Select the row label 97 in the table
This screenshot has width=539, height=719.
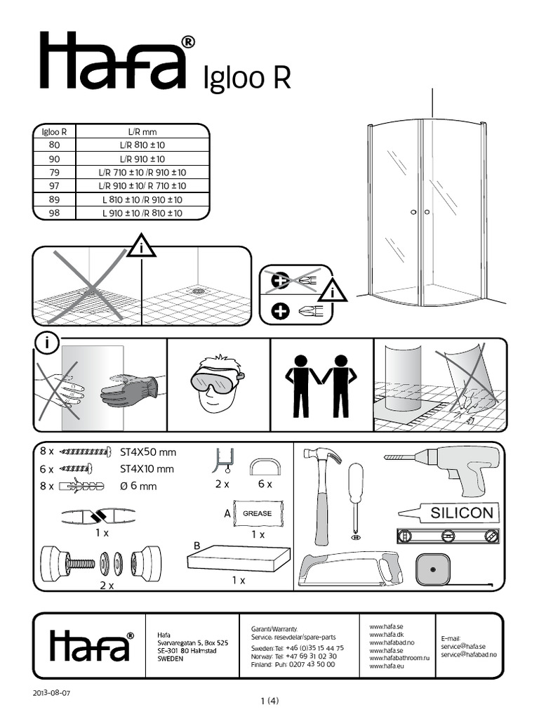(x=55, y=186)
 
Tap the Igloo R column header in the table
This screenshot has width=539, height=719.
(x=55, y=131)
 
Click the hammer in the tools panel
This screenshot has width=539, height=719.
(x=323, y=492)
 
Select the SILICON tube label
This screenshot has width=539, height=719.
(x=461, y=513)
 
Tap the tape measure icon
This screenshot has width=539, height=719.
(x=434, y=569)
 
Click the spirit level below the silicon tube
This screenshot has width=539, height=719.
(x=448, y=536)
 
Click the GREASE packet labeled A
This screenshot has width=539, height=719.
(x=257, y=513)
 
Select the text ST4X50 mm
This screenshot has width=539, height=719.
(x=147, y=452)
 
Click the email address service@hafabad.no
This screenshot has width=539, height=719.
(x=469, y=654)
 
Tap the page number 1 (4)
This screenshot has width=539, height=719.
(x=269, y=701)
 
